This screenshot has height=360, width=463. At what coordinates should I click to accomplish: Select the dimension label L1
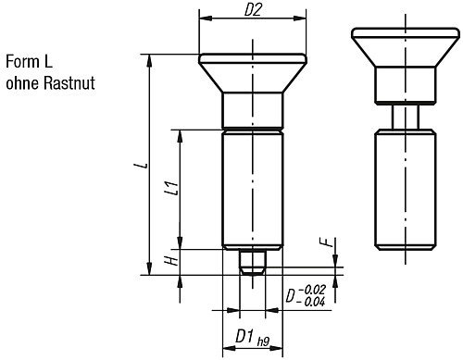coord(170,189)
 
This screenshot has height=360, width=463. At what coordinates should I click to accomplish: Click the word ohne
coord(24,84)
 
